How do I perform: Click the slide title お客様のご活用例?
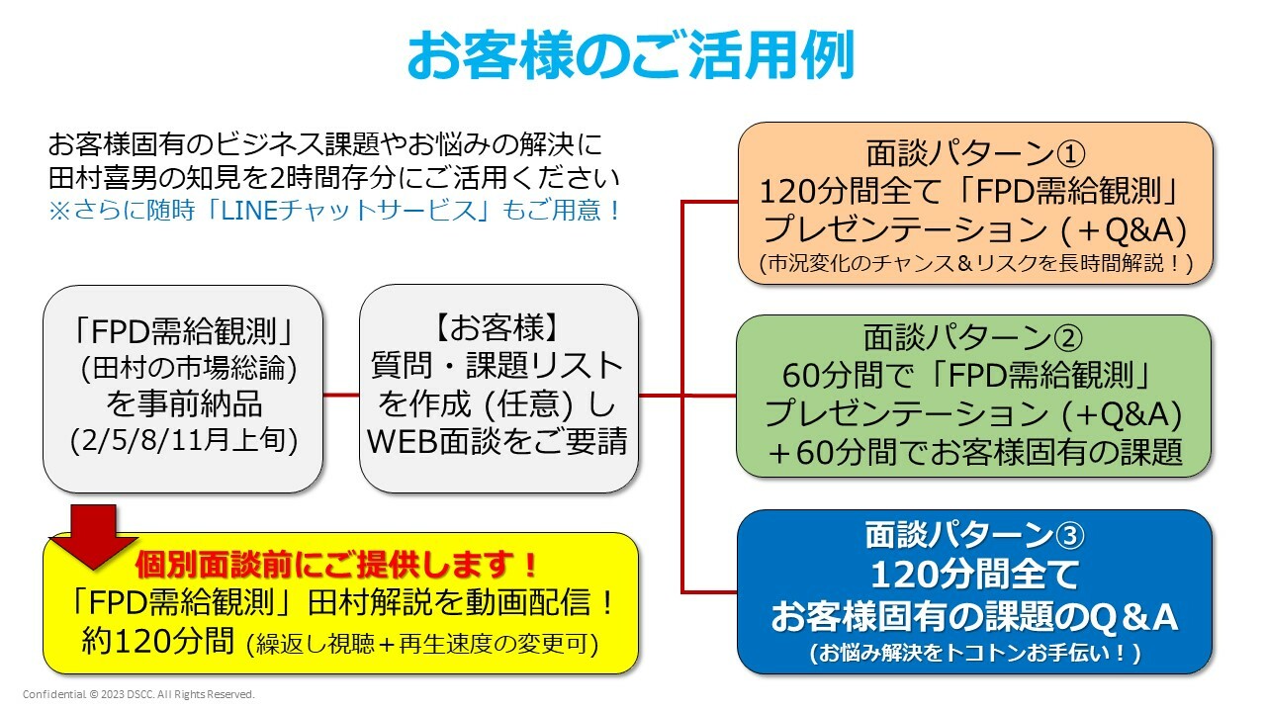click(631, 55)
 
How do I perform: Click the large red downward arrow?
click(94, 534)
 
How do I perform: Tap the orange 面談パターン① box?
click(975, 203)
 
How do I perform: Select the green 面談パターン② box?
click(974, 396)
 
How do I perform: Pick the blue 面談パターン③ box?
click(974, 591)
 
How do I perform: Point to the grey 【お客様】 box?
click(497, 389)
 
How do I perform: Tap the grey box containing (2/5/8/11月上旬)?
click(183, 389)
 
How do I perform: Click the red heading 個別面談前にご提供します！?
click(337, 565)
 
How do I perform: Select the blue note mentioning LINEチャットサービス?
click(335, 211)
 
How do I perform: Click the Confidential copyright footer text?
click(138, 694)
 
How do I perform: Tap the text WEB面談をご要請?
click(497, 441)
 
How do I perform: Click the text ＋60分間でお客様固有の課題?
click(975, 451)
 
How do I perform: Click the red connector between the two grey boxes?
click(341, 396)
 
